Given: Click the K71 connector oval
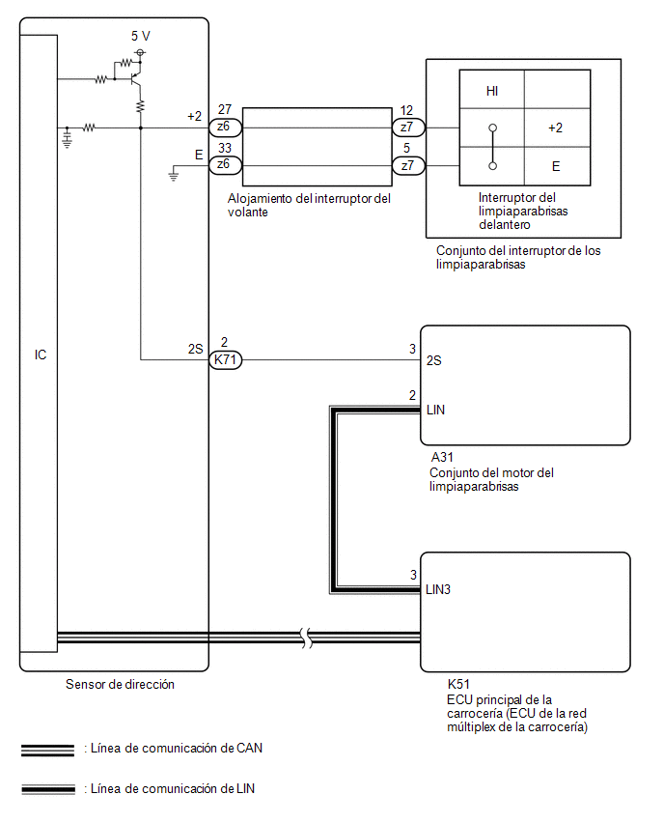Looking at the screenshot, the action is tap(226, 360).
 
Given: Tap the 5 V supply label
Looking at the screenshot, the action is tap(141, 36).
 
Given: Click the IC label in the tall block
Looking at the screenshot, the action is tap(41, 355).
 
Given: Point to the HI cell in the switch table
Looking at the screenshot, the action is tap(492, 91).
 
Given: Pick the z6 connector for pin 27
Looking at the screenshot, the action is tap(226, 127).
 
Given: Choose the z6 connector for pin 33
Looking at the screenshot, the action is tap(226, 165).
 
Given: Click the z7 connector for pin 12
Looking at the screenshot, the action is tap(408, 128).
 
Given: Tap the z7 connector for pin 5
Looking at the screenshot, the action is tap(408, 166).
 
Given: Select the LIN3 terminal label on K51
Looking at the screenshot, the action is tap(438, 589).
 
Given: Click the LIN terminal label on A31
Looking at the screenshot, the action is tap(435, 410).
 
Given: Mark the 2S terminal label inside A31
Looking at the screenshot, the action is tap(433, 360).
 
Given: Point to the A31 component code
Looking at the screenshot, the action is tap(442, 457).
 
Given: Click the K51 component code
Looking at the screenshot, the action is tap(458, 684).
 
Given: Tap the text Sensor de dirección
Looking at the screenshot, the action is tap(120, 684).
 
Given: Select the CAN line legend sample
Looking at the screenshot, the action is tap(47, 751).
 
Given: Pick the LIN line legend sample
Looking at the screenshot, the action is tap(48, 789).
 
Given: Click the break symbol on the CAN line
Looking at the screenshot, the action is tap(307, 638).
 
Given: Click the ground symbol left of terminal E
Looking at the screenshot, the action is tap(173, 175).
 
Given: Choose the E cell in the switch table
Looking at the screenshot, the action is tap(556, 166).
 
